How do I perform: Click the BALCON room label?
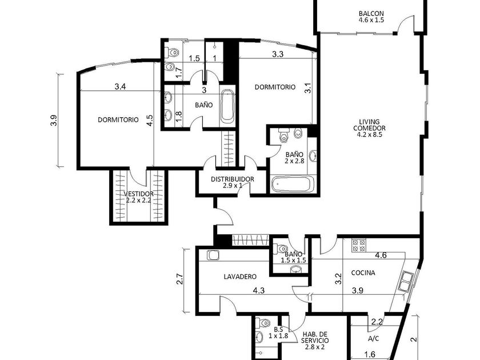pos(371,14)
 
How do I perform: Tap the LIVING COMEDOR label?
pos(369,125)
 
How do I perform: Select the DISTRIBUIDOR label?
pos(233,179)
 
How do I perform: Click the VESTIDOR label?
pos(139,194)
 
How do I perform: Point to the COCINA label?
pos(363,273)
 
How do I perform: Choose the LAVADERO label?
pos(240,277)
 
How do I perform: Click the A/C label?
pos(374,338)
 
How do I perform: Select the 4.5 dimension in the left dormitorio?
pos(150,121)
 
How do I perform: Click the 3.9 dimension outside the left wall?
pos(54,121)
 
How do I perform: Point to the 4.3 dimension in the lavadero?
pos(259,290)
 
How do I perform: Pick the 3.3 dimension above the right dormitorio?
pos(278,54)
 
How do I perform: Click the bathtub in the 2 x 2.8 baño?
pos(293,183)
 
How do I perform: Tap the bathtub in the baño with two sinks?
pos(227,105)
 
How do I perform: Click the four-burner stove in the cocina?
pos(359,245)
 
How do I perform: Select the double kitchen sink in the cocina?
pos(406,281)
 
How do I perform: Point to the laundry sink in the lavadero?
pos(213,255)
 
